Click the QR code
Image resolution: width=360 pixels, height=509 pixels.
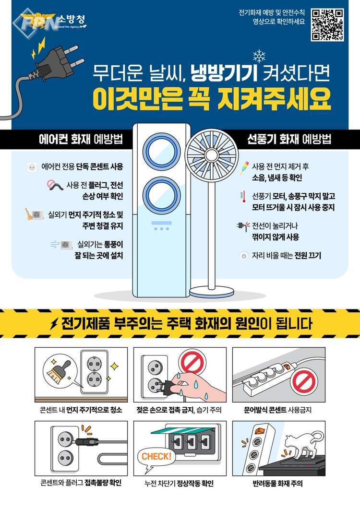pyautogui.click(x=327, y=25)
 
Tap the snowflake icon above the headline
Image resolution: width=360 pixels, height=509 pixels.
pyautogui.click(x=259, y=56)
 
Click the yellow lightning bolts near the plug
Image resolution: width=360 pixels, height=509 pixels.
pyautogui.click(x=38, y=48)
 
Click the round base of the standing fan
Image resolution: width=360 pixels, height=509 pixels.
pyautogui.click(x=212, y=292)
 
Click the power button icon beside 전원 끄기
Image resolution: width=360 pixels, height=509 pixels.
pyautogui.click(x=244, y=256)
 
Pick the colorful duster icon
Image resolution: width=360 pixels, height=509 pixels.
pyautogui.click(x=244, y=168)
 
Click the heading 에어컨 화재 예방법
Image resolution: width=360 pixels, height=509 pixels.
pyautogui.click(x=81, y=140)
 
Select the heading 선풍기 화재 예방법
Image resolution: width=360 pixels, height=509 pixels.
pyautogui.click(x=289, y=139)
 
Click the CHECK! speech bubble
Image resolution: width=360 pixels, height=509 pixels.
pyautogui.click(x=156, y=458)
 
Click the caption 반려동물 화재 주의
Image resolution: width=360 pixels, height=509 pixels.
pyautogui.click(x=278, y=484)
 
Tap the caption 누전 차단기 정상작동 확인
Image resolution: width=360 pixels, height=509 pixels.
pyautogui.click(x=179, y=484)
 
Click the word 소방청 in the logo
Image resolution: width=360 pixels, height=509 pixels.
pyautogui.click(x=71, y=19)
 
